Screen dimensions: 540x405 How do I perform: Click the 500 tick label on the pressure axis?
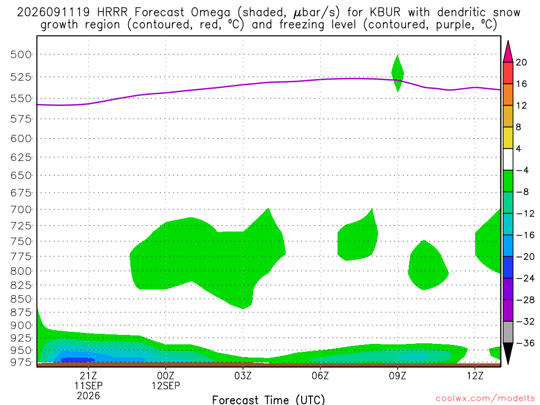tap(21, 54)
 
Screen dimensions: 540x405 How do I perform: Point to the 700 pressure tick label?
tap(21, 209)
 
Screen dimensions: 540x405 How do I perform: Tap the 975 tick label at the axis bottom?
tap(21, 362)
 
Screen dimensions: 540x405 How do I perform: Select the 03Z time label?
tap(243, 375)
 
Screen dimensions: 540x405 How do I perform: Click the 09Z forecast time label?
tap(398, 375)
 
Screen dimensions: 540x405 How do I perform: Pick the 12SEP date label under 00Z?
tap(166, 385)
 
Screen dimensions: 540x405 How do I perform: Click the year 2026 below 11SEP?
tap(88, 396)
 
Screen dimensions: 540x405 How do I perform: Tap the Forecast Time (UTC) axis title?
tap(268, 400)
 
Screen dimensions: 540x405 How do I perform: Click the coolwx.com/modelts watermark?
tap(485, 399)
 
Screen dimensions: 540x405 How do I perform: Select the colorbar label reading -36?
tap(525, 343)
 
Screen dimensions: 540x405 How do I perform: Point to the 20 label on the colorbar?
tap(522, 62)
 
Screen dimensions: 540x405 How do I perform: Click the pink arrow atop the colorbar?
tap(508, 51)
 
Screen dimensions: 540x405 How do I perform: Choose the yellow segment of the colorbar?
tap(508, 138)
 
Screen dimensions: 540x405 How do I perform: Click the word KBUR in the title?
tap(385, 13)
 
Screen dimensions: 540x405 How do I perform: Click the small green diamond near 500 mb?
tap(398, 73)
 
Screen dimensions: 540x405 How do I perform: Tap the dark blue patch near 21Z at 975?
tap(78, 360)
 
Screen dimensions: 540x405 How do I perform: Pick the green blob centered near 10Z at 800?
tap(427, 266)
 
